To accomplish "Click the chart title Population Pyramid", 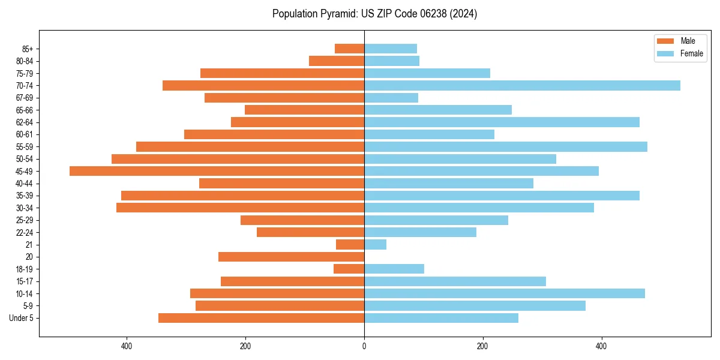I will [x=374, y=14].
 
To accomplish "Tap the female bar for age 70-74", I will [x=522, y=85].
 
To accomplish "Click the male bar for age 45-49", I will [x=217, y=171].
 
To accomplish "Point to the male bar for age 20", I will [x=291, y=257].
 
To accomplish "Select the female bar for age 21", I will [x=375, y=244].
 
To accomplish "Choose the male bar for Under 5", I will [x=261, y=318].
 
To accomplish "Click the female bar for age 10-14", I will [x=504, y=293].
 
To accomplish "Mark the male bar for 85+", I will [x=349, y=49].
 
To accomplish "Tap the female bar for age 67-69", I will [x=391, y=98].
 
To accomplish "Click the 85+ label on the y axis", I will [x=28, y=49].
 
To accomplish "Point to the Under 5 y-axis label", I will [x=21, y=318].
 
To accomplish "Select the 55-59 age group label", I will [x=25, y=146].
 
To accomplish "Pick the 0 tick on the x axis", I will [x=364, y=346].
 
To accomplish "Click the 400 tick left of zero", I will [x=127, y=346].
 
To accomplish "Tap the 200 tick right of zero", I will [x=482, y=346].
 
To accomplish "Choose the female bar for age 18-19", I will [x=394, y=269].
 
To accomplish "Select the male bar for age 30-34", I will [x=240, y=208].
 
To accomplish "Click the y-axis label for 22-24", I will [x=25, y=232].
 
